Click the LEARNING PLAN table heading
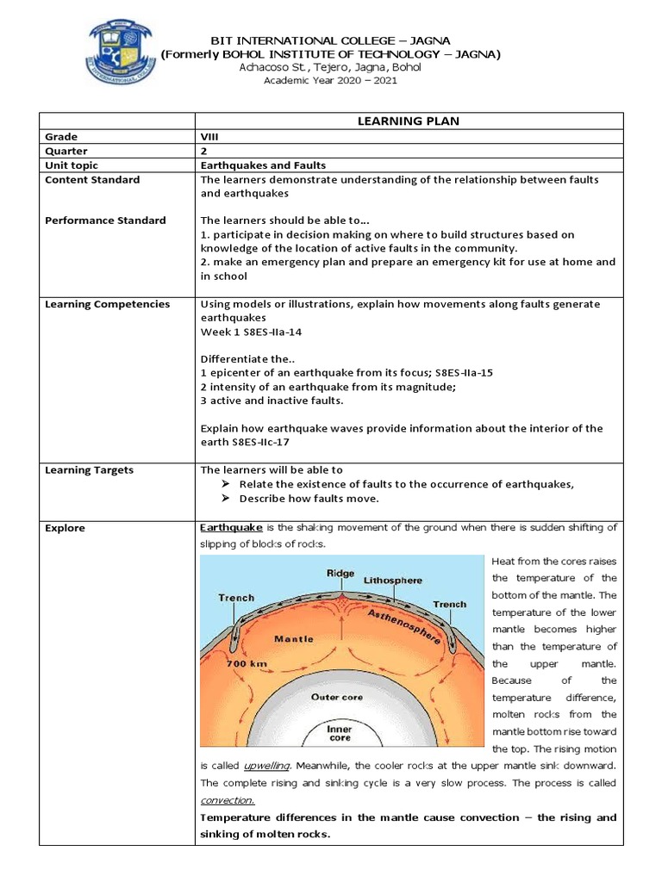coord(408,121)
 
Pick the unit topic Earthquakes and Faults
coord(263,165)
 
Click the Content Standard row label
coord(92,179)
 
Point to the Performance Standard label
coord(105,220)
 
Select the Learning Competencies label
coord(107,304)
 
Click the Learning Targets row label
coord(89,470)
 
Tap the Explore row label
coord(66,527)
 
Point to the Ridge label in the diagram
coord(340,573)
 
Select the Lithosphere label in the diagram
coord(392,581)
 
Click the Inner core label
coord(339,733)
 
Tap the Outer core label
coord(337,697)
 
